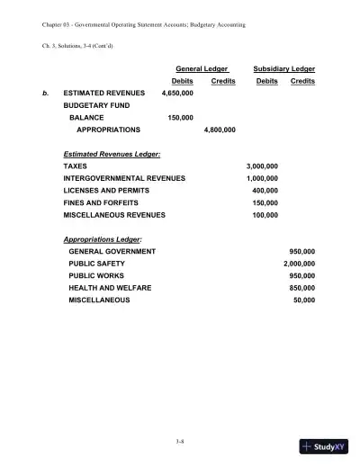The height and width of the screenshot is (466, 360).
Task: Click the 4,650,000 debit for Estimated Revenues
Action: coord(177,93)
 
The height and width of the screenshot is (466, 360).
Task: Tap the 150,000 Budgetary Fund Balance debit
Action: coord(181,117)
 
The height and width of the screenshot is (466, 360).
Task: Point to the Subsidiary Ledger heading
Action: coord(284,68)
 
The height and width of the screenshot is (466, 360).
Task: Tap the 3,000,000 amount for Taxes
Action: coord(262,166)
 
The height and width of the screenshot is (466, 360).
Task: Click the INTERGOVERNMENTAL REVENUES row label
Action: coord(124,178)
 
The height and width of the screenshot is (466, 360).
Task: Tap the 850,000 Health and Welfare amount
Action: coord(301,287)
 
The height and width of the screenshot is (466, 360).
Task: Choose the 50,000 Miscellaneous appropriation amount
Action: coord(304,300)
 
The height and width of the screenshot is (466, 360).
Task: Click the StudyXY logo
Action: coord(325,444)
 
